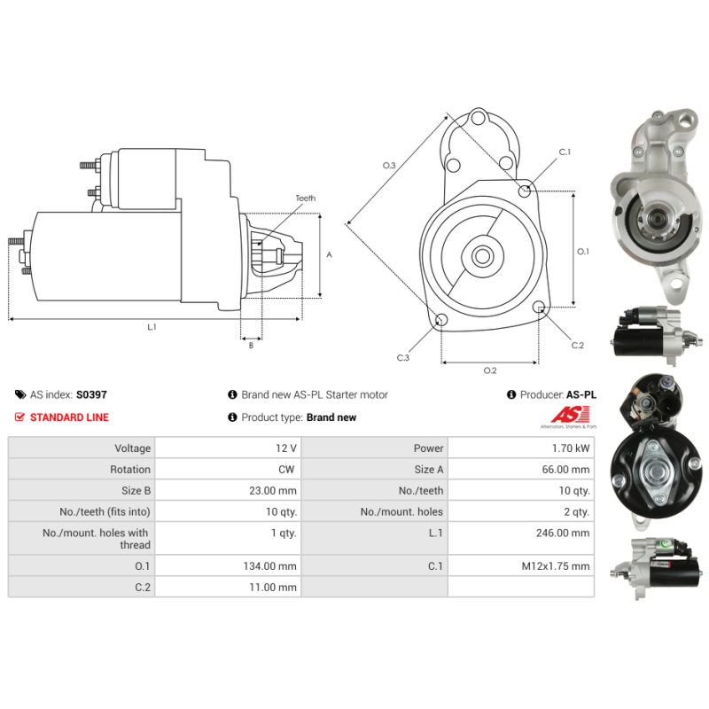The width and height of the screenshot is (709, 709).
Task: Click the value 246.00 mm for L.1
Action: point(569,533)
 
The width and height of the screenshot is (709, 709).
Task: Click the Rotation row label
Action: point(130,470)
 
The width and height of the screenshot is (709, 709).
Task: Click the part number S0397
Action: point(91,395)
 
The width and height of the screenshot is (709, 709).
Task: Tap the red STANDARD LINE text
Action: point(69,417)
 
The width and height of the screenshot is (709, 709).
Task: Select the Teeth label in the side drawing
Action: point(305,199)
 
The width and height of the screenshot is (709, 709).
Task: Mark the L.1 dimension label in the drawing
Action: point(152,327)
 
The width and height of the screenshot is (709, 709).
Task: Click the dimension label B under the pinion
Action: point(251,346)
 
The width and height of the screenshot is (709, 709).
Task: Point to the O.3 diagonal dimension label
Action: point(389,165)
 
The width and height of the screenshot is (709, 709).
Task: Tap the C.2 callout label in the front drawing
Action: point(577,345)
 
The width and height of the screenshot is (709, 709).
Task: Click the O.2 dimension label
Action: point(489,370)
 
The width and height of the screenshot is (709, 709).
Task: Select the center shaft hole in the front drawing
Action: point(482,256)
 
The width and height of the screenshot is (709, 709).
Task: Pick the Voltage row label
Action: point(132,448)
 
